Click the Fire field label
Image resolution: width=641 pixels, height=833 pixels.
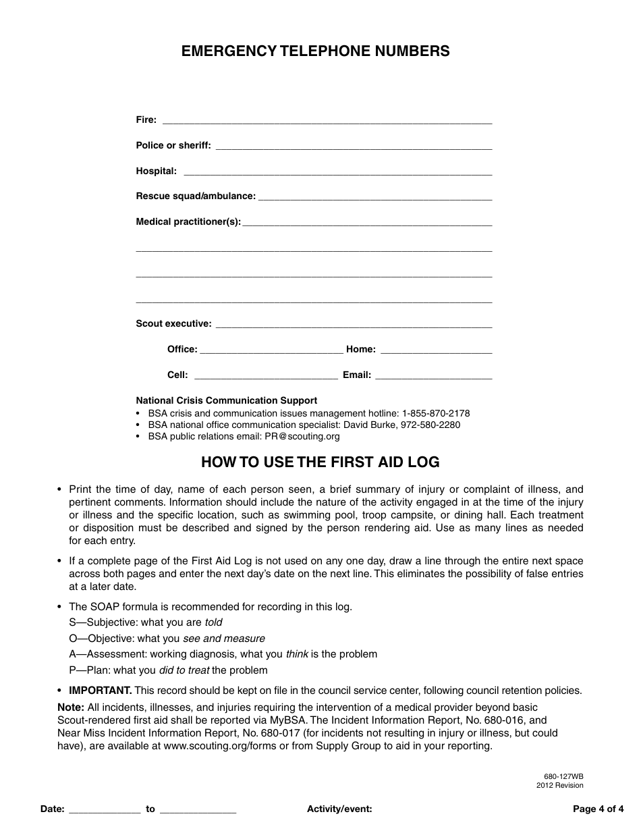pyautogui.click(x=146, y=120)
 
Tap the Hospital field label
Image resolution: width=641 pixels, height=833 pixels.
pyautogui.click(x=156, y=171)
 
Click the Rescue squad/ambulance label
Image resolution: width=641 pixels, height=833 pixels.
pyautogui.click(x=196, y=196)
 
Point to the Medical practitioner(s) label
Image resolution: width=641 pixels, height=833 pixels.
pyautogui.click(x=188, y=222)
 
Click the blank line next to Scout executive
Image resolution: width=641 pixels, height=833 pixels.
pyautogui.click(x=353, y=325)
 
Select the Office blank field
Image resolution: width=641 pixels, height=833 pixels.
pyautogui.click(x=271, y=350)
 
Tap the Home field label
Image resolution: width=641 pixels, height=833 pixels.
pyautogui.click(x=360, y=350)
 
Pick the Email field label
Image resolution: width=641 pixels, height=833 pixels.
pyautogui.click(x=357, y=375)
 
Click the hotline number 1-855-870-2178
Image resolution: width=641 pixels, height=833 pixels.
pyautogui.click(x=436, y=413)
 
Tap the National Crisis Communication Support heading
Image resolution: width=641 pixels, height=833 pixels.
pyautogui.click(x=227, y=400)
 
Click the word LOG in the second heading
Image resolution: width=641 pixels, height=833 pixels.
pyautogui.click(x=424, y=462)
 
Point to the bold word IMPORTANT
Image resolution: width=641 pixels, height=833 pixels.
pyautogui.click(x=101, y=691)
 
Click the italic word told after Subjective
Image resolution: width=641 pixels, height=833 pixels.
pyautogui.click(x=213, y=622)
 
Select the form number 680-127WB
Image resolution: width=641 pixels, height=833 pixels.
pyautogui.click(x=563, y=777)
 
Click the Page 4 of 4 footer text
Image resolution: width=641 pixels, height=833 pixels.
pyautogui.click(x=598, y=809)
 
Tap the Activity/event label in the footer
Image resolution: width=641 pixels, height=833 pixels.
pyautogui.click(x=339, y=809)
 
